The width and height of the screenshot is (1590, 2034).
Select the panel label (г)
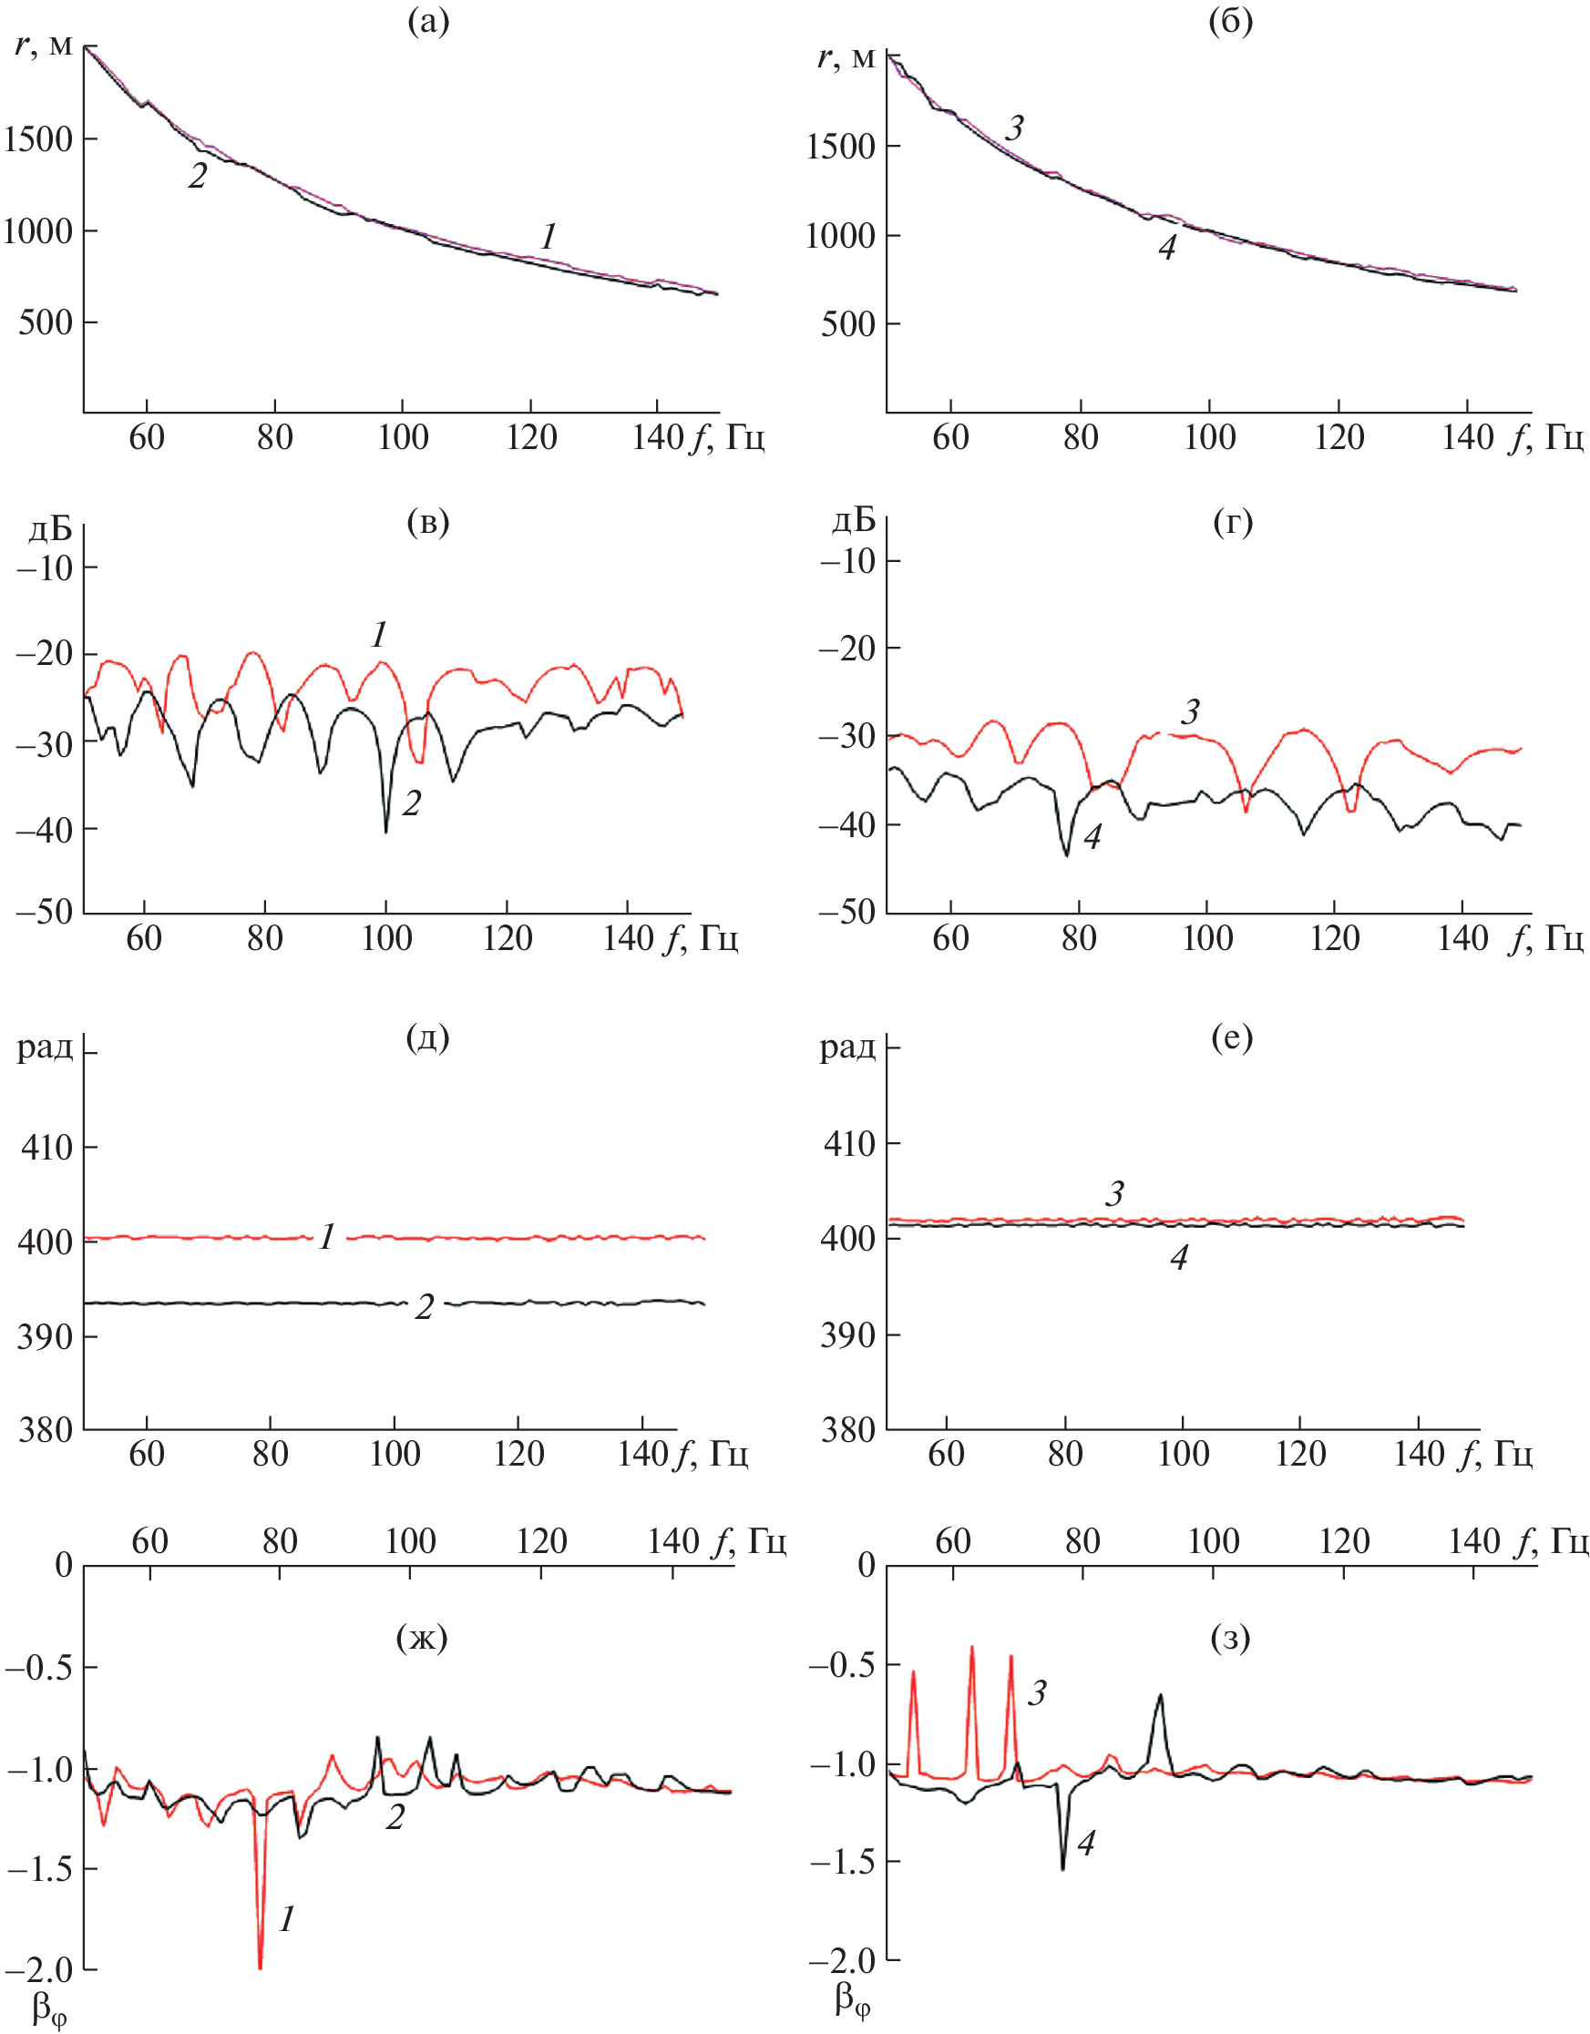1232,523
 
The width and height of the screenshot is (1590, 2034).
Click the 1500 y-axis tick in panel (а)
37,139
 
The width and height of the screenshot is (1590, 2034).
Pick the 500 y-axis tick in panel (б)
847,325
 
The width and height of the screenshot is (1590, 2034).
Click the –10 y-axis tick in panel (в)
45,567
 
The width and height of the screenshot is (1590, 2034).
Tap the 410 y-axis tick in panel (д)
46,1148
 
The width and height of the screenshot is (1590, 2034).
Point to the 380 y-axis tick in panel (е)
847,1429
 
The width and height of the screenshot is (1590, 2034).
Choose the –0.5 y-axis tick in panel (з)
842,1664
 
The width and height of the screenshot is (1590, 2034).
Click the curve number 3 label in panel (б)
1014,128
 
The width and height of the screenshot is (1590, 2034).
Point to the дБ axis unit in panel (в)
50,529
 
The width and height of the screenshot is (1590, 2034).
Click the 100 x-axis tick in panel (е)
1183,1454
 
